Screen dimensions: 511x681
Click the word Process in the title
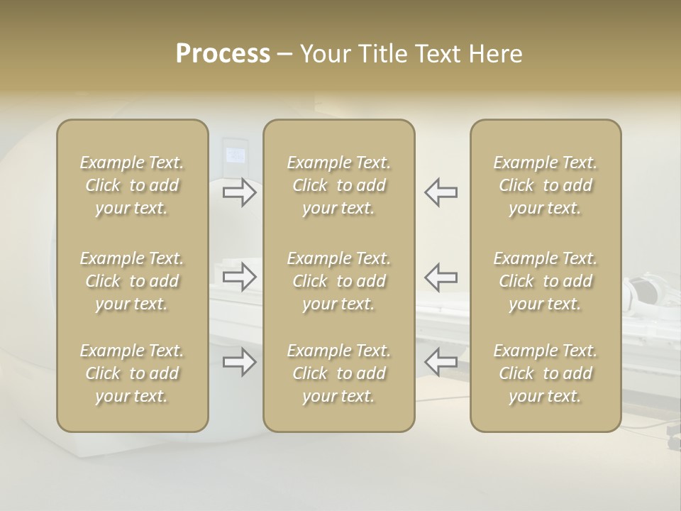coord(223,54)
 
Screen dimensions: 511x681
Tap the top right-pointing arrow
coord(240,192)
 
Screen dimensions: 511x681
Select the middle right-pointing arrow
coord(240,277)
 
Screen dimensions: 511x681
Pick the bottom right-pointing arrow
coord(240,363)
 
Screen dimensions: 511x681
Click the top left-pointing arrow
coord(441,192)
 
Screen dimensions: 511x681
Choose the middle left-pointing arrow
coord(441,277)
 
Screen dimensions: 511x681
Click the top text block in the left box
coord(132,185)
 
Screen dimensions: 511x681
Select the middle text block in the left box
coord(132,281)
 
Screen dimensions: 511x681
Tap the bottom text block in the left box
coord(132,373)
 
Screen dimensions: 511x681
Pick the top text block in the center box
coord(338,185)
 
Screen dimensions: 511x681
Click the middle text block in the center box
coord(338,281)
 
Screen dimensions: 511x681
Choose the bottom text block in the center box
coord(338,373)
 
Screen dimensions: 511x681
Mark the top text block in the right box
coord(546,185)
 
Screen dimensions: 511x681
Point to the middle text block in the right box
coord(546,281)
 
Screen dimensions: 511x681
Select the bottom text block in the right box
coord(546,373)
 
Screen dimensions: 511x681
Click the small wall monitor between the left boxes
coord(235,153)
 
